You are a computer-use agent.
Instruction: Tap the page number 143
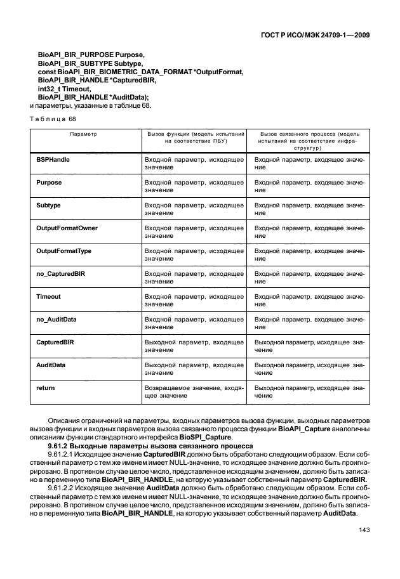364,530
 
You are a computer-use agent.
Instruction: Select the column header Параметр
83,134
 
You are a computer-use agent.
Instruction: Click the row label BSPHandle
53,159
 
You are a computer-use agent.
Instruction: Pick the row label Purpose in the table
50,182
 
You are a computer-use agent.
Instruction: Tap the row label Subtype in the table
50,205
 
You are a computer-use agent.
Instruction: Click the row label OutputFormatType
64,250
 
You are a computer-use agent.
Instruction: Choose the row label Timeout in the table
49,296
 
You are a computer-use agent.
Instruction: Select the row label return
46,387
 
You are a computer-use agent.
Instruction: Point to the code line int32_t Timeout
63,89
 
